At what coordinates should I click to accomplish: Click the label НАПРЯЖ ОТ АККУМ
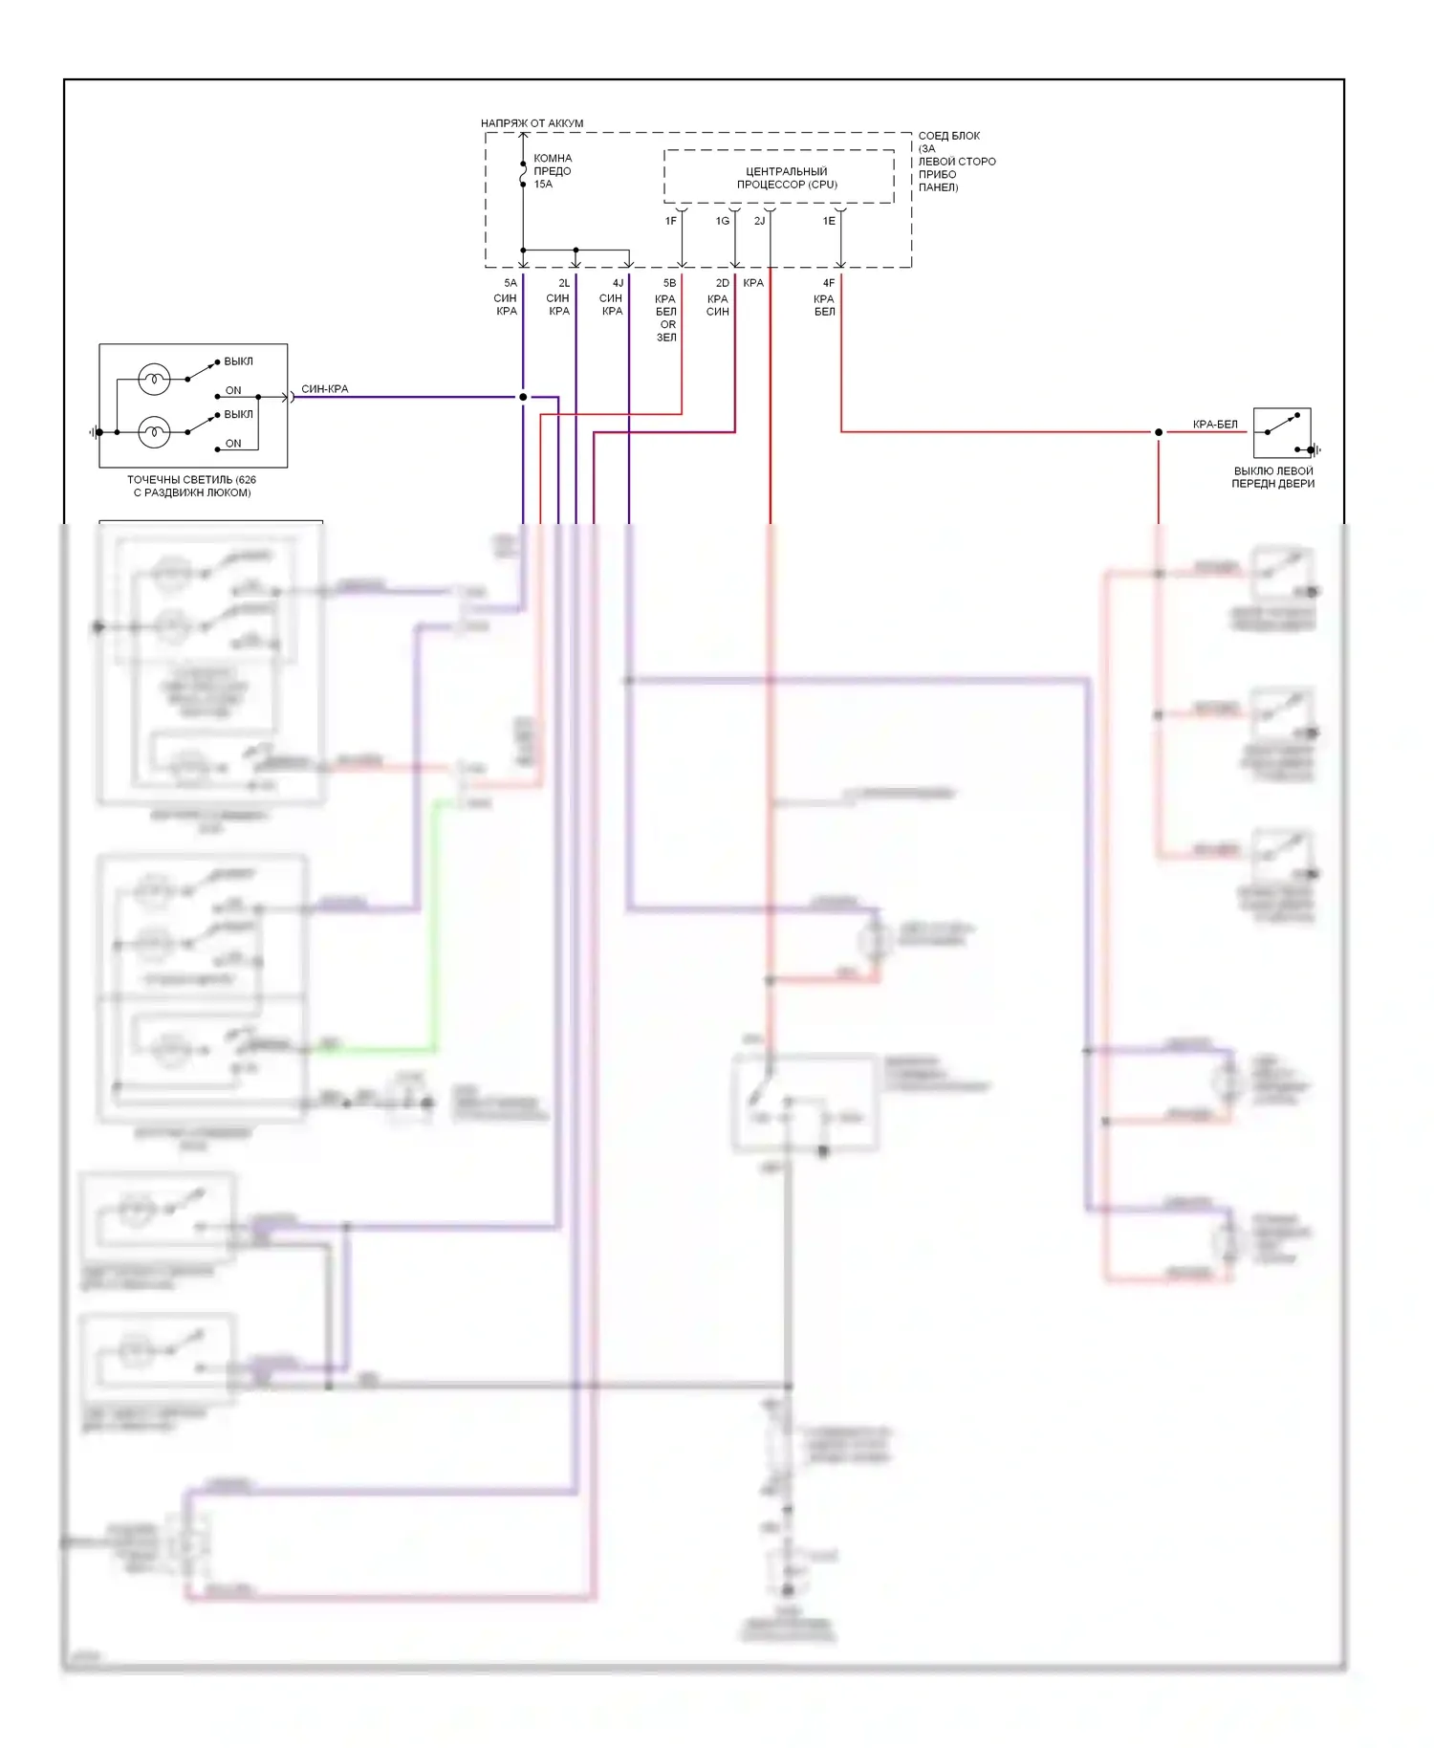tap(532, 123)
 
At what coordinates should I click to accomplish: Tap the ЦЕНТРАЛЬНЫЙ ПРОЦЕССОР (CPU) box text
tap(786, 178)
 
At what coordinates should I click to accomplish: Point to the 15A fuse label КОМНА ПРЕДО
tap(552, 171)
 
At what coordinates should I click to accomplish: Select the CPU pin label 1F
tap(671, 221)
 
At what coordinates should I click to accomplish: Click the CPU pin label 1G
tap(723, 221)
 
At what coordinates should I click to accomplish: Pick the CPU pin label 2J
tap(759, 221)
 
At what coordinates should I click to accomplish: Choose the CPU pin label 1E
tap(829, 221)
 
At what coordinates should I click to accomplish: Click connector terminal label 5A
tap(511, 283)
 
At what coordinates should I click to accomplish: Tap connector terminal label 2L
tap(564, 283)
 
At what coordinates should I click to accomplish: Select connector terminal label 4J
tap(618, 283)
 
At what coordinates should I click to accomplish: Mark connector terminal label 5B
tap(669, 283)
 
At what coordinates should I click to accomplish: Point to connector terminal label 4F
tap(829, 283)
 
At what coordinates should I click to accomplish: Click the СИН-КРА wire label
tap(325, 389)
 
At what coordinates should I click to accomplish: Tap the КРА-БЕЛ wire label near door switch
tap(1215, 425)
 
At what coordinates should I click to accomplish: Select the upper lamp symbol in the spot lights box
tap(154, 380)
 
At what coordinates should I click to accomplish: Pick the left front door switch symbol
tap(1282, 432)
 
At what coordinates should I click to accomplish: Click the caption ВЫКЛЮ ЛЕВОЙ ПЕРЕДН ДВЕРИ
tap(1273, 477)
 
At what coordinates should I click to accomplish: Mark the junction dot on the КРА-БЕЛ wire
tap(1159, 432)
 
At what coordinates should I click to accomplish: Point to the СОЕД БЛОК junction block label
tap(956, 161)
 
